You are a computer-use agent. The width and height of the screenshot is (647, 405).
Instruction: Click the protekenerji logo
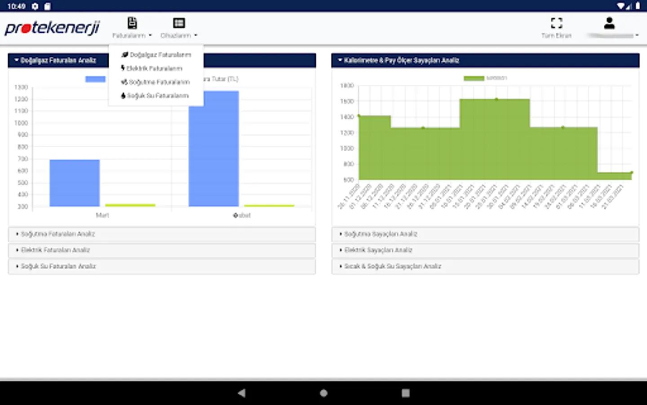click(x=52, y=28)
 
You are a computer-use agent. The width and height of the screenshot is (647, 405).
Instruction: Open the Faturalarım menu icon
click(x=132, y=23)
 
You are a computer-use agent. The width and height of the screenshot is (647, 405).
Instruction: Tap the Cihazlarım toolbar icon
click(x=179, y=23)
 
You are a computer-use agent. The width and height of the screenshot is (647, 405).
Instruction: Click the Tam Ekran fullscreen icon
click(x=556, y=23)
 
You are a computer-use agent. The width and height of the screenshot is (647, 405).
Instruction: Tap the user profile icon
click(x=609, y=23)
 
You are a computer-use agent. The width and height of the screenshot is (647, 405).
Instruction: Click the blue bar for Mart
click(x=75, y=183)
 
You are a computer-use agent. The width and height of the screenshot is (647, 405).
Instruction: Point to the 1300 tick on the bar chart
click(x=21, y=87)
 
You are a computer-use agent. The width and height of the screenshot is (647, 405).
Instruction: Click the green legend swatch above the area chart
click(x=474, y=78)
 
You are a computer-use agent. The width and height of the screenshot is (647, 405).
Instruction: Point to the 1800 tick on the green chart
click(x=347, y=85)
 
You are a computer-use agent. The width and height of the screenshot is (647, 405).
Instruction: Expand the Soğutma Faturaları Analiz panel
click(x=58, y=234)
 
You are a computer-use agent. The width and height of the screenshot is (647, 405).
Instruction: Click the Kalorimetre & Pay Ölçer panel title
click(x=401, y=60)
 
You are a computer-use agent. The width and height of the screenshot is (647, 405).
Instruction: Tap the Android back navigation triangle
click(x=242, y=393)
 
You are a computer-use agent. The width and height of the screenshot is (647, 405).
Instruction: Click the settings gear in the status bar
click(x=35, y=6)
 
